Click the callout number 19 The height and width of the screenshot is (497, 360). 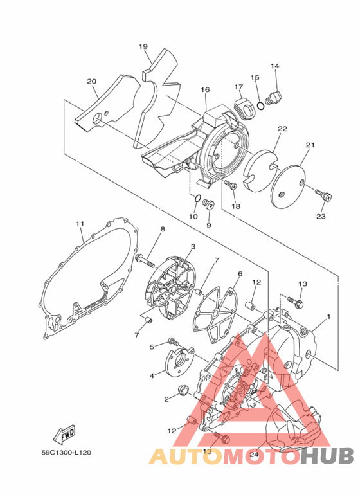pos(143,46)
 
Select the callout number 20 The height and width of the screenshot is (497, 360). pos(91,81)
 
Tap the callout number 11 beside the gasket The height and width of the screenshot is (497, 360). pos(80,224)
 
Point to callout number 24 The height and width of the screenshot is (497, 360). pos(254,454)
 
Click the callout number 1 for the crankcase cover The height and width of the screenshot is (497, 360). pos(328,316)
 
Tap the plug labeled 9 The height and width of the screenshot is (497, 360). pos(208,205)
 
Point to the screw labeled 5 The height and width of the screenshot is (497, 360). pos(172,341)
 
